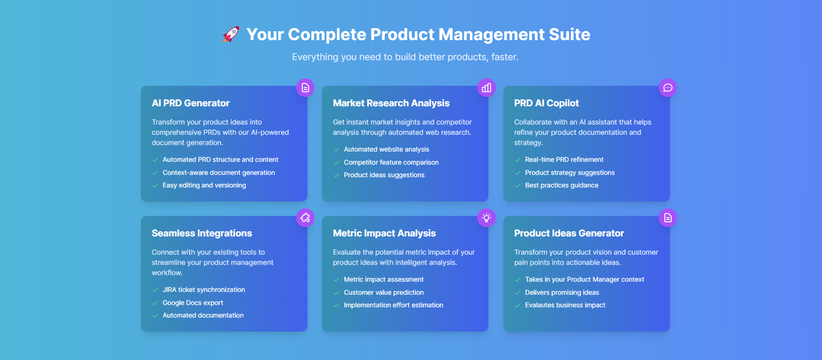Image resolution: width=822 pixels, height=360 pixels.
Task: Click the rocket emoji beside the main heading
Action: coord(231,34)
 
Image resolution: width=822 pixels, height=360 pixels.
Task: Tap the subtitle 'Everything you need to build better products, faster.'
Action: coord(405,57)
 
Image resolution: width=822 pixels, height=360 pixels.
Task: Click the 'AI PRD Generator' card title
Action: coord(190,103)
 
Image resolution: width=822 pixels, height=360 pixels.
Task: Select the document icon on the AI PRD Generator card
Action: coord(305,88)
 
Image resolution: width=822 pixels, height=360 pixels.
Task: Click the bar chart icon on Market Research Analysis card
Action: coord(487,88)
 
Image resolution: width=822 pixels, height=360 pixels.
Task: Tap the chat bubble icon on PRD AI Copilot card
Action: coord(668,88)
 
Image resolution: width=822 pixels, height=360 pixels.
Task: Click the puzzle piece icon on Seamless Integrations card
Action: coord(305,218)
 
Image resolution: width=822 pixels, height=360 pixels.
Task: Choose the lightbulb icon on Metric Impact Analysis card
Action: coord(487,218)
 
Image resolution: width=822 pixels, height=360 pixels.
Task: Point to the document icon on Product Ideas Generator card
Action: coord(668,218)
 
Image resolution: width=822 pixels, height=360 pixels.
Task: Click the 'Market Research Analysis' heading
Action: coord(391,103)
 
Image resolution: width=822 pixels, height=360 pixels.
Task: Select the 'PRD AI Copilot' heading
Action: coord(546,103)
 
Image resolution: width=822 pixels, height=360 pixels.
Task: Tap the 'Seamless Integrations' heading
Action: coord(202,233)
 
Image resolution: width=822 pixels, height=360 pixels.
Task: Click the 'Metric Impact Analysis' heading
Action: coord(384,233)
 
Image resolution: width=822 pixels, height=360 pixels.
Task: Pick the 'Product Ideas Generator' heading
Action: coord(569,233)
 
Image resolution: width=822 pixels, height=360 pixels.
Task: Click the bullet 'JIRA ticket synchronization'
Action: coord(204,290)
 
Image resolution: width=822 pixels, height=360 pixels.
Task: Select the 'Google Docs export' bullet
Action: coord(193,303)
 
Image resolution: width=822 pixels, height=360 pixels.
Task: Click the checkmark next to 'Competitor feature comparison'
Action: coord(336,163)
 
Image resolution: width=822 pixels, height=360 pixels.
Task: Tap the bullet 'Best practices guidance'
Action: coord(562,185)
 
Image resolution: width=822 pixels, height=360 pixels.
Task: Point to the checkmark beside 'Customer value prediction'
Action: coord(336,293)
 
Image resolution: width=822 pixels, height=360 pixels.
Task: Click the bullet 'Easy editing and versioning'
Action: coord(204,185)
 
